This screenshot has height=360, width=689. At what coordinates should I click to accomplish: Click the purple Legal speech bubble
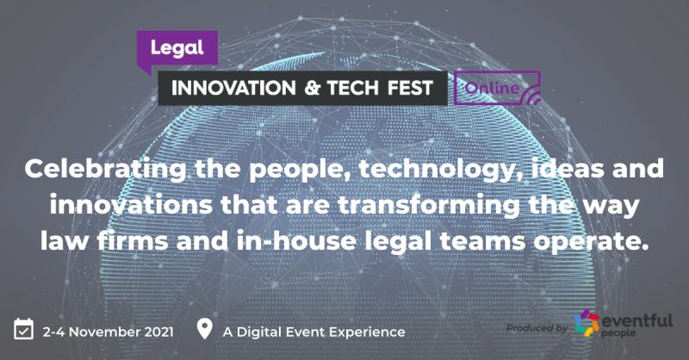click(x=177, y=48)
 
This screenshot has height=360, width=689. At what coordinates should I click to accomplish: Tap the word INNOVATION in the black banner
click(x=233, y=88)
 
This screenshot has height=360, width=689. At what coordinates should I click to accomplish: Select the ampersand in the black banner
click(x=312, y=88)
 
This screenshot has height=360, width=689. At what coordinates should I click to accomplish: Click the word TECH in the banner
click(x=353, y=88)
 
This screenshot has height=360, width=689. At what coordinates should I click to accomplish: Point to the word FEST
click(x=410, y=88)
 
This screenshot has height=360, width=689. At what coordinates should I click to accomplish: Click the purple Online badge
click(x=497, y=88)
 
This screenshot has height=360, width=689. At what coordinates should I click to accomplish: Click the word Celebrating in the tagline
click(x=105, y=169)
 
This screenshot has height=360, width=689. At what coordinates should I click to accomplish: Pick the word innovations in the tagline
click(x=131, y=205)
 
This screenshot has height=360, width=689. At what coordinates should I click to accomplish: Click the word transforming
click(x=428, y=206)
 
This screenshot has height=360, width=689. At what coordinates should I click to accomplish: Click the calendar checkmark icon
click(x=23, y=329)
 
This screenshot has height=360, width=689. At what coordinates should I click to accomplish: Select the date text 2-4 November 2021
click(x=109, y=332)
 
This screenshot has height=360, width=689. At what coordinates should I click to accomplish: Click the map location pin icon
click(x=204, y=328)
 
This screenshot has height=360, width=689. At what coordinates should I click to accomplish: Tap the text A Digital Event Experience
click(x=313, y=332)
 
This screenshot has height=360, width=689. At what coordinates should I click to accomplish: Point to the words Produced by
click(x=537, y=328)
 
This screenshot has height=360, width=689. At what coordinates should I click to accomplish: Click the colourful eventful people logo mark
click(x=587, y=323)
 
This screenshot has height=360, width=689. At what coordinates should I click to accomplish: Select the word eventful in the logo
click(x=636, y=320)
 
